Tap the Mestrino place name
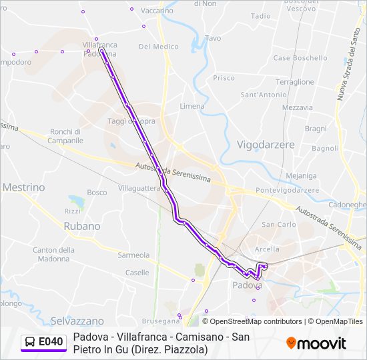pyautogui.click(x=24, y=187)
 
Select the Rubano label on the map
pyautogui.click(x=82, y=226)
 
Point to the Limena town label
pyautogui.click(x=192, y=106)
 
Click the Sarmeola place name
pyautogui.click(x=133, y=255)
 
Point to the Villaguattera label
pyautogui.click(x=139, y=189)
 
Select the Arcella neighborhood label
pyautogui.click(x=268, y=249)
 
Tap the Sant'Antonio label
pyautogui.click(x=264, y=95)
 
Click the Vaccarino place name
pyautogui.click(x=157, y=11)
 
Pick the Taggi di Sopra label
pyautogui.click(x=131, y=121)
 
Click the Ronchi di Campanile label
pyautogui.click(x=66, y=136)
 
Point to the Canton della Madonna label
pyautogui.click(x=53, y=254)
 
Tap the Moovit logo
pyautogui.click(x=316, y=343)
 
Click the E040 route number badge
pyautogui.click(x=44, y=342)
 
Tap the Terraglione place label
pyautogui.click(x=294, y=82)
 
